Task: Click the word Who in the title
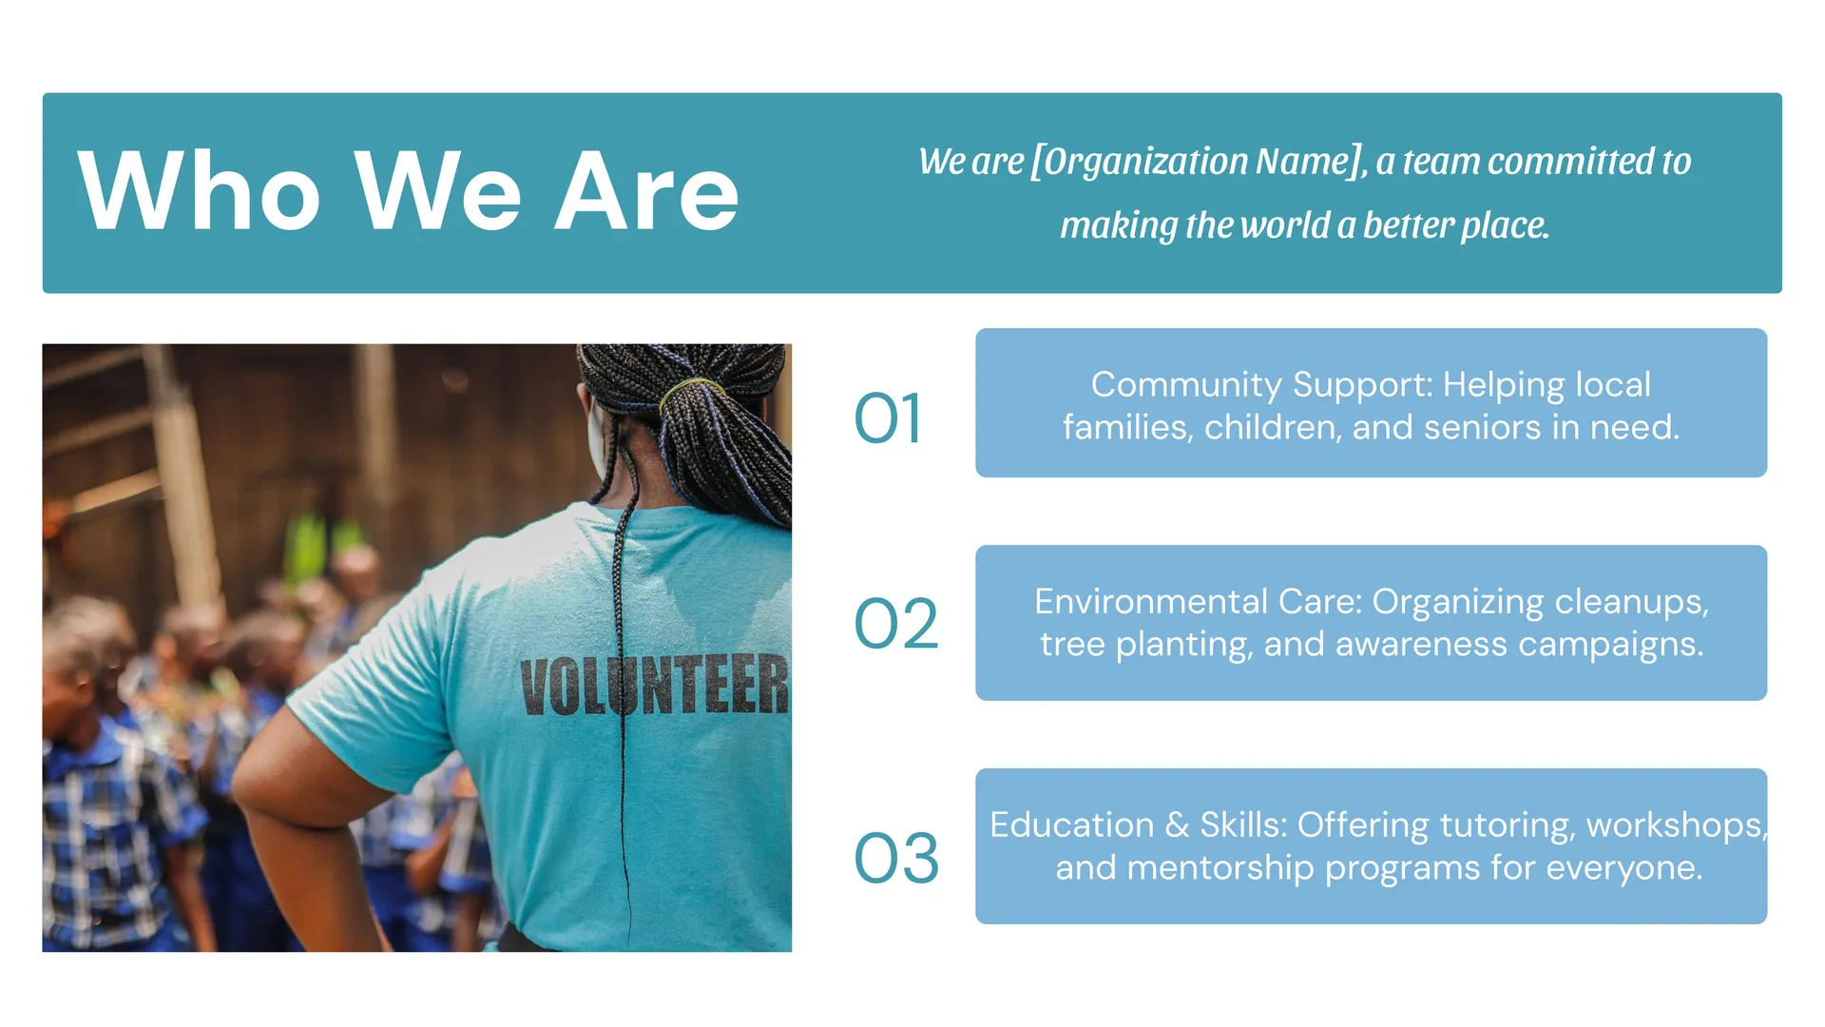(199, 190)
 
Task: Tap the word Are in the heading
(646, 190)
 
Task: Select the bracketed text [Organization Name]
(1200, 162)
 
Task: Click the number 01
(888, 418)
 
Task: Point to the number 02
(896, 624)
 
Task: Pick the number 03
(896, 858)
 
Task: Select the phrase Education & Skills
(1138, 824)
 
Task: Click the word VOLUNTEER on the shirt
(655, 685)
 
